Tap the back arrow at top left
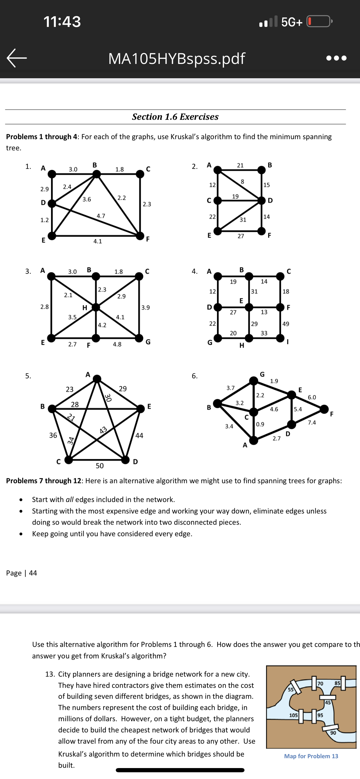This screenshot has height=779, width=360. pos(17,58)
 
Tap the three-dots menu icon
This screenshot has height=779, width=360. pos(336,58)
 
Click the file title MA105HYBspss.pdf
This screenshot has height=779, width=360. pos(177,58)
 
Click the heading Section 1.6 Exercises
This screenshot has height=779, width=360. pos(175,117)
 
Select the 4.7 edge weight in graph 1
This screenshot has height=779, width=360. pos(101,216)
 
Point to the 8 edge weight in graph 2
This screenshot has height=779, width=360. pos(242,181)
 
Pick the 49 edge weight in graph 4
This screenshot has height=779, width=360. pos(285,324)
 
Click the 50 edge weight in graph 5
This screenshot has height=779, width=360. pos(100,466)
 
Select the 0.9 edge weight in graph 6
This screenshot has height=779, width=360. pos(260,424)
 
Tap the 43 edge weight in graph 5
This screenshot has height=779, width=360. pos(104,430)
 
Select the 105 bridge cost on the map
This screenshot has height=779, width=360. pos(293,715)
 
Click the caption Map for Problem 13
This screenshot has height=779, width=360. pos(311,756)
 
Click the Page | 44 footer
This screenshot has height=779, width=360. pos(22,573)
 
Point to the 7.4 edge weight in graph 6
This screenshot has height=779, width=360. pos(312,423)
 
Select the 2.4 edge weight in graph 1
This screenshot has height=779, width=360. pos(67,187)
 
